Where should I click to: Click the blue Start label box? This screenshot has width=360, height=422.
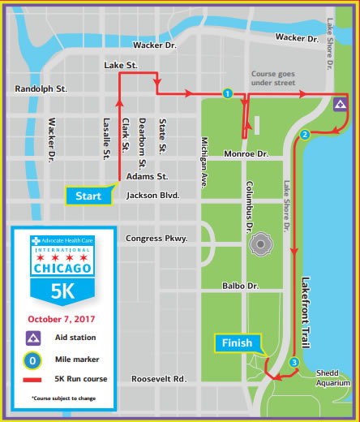(88, 196)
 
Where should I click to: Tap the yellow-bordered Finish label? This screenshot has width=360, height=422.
(238, 343)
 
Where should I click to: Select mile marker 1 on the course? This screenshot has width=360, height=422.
(228, 93)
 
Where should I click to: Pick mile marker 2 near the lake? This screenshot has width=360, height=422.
(305, 134)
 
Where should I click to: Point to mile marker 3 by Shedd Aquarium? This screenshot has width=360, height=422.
(294, 362)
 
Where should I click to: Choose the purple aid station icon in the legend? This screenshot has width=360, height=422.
(33, 337)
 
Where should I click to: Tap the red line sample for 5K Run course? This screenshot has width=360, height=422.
(33, 379)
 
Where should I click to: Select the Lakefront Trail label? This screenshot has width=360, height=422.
(306, 301)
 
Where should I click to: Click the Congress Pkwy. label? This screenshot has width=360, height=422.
(156, 238)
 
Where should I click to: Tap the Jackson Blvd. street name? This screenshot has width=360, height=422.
(152, 196)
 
